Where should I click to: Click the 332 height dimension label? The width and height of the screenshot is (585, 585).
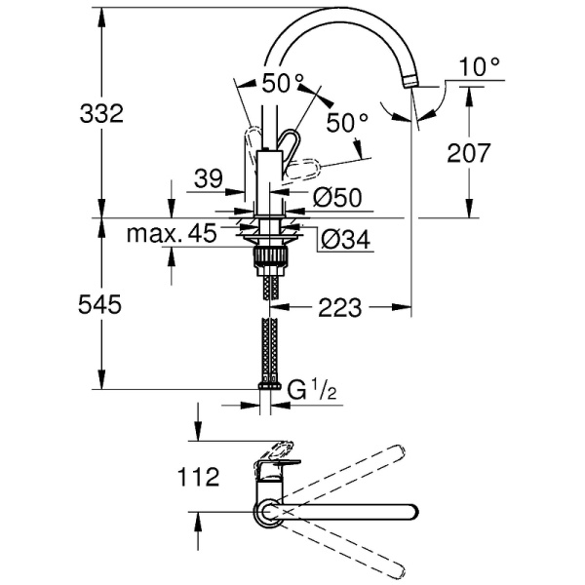tap(101, 114)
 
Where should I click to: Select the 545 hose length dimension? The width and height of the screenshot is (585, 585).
tap(101, 305)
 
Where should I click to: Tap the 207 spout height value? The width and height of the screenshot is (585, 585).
tap(470, 152)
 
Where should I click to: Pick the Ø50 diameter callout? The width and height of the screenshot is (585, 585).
tap(337, 198)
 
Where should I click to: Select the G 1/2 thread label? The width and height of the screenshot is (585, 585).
tap(311, 390)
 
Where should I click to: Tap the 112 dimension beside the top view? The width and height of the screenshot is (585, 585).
tap(198, 479)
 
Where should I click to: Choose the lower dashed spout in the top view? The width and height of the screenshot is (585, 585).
tap(341, 546)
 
